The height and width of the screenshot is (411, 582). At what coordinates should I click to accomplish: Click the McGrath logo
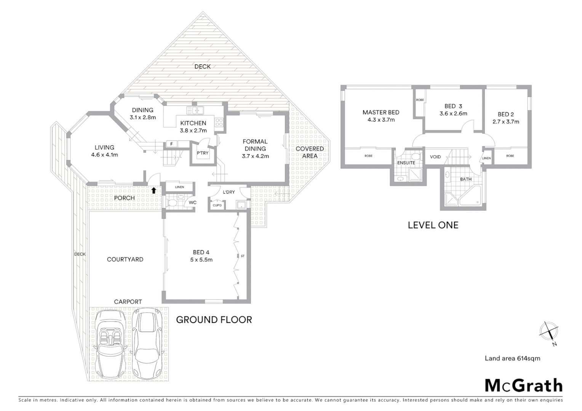[523, 386]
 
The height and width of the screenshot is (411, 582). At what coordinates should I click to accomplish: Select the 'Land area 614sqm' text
[512, 358]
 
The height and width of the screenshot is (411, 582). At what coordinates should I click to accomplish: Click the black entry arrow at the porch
[153, 190]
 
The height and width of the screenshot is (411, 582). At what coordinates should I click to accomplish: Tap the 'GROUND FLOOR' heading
[214, 320]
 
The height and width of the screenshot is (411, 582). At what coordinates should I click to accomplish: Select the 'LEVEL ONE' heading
[433, 225]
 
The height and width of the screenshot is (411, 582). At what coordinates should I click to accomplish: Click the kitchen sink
[196, 111]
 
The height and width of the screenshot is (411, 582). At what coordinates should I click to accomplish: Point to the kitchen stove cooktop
[219, 122]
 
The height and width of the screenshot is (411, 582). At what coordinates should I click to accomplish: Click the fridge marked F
[172, 144]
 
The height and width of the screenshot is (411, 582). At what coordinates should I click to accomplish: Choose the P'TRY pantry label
[202, 153]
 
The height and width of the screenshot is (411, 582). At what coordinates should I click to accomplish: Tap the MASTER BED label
[381, 112]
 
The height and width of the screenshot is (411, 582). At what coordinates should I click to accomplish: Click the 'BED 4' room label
[201, 252]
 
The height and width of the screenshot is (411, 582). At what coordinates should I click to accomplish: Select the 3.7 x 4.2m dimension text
[255, 156]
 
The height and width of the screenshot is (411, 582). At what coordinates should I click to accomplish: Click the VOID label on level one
[435, 157]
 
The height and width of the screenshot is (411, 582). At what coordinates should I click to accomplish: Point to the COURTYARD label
[125, 260]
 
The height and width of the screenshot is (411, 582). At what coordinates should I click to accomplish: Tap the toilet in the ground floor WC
[171, 202]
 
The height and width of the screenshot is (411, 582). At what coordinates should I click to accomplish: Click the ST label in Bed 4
[243, 256]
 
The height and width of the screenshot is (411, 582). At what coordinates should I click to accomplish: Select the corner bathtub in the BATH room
[470, 197]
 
